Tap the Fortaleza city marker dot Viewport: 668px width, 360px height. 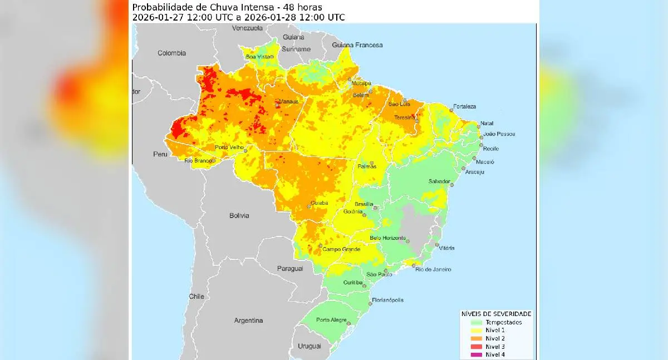[x=451, y=110]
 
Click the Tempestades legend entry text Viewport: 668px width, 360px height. [x=503, y=322]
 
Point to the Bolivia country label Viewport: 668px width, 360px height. [x=239, y=215]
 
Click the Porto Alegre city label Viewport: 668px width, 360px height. [x=331, y=319]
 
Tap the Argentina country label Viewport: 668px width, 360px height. [x=248, y=320]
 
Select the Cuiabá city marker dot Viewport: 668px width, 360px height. [x=309, y=207]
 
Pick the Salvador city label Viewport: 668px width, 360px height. [x=438, y=181]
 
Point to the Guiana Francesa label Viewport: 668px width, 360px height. [x=357, y=45]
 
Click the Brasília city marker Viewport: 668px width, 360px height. [x=376, y=208]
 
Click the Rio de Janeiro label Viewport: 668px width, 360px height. [x=434, y=269]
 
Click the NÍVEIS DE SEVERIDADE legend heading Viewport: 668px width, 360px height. [x=496, y=314]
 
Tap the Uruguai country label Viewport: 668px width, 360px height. [x=310, y=346]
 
